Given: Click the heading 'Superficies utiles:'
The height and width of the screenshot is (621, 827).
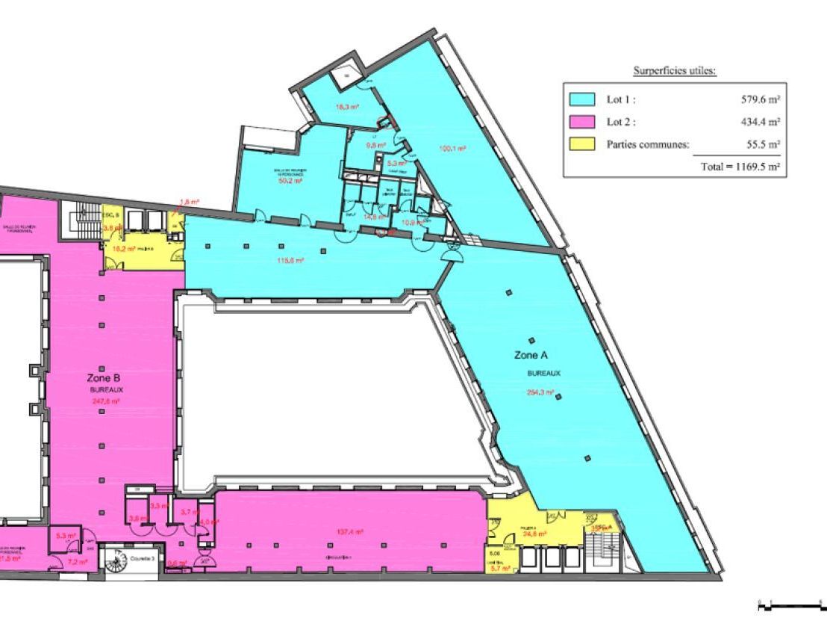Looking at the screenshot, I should tap(675, 71).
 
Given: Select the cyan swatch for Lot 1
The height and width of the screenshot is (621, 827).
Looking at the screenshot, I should tap(582, 99).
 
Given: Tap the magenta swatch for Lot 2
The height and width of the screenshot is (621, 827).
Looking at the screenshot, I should tap(582, 122).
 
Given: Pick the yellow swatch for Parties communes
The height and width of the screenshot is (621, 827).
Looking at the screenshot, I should tap(582, 144).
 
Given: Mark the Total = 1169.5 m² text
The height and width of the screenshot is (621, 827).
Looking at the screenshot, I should tap(740, 167).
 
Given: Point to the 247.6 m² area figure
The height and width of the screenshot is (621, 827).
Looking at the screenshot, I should tap(107, 401).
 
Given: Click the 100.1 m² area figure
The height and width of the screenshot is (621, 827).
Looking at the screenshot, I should tap(452, 149).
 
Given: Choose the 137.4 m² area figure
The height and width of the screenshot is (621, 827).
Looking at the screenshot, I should tap(350, 532).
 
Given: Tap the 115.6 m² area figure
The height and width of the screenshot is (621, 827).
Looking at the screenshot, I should tap(289, 260).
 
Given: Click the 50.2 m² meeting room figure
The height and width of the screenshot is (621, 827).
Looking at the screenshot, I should tap(290, 181).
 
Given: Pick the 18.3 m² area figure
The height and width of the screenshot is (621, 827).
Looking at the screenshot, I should tap(347, 107).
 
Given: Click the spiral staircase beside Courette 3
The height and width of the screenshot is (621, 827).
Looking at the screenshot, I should tap(118, 560).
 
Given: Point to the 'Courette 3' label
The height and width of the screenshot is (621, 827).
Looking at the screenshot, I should tap(143, 559).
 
